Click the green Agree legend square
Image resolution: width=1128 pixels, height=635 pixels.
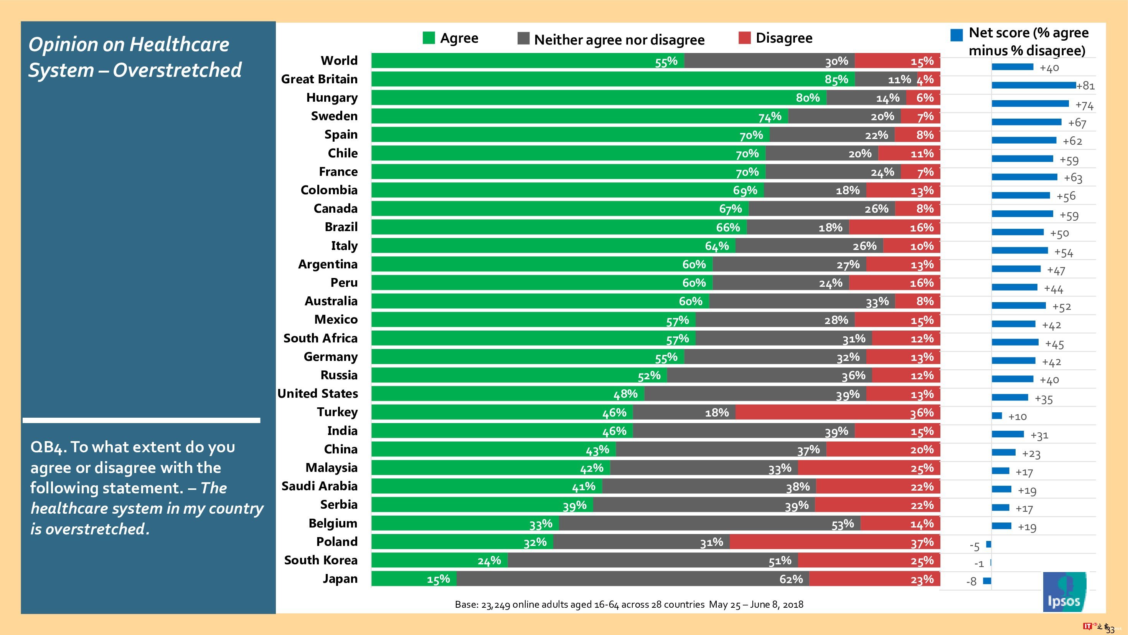[x=429, y=38]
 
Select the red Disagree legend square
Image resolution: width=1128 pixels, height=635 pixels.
[x=744, y=38]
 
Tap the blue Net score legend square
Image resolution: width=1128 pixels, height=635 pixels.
[x=956, y=35]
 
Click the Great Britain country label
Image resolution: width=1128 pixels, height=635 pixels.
[x=319, y=79]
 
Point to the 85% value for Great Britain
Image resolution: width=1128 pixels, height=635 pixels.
[x=836, y=79]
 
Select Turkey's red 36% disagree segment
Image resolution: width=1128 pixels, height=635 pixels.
[x=837, y=412]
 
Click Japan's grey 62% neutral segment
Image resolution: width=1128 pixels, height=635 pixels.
[x=633, y=579]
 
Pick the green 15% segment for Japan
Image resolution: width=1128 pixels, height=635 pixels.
[x=414, y=579]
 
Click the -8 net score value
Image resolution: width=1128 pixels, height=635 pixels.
[x=971, y=582]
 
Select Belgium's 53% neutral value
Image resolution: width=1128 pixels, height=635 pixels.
[x=842, y=524]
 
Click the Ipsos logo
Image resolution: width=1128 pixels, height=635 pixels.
[x=1064, y=592]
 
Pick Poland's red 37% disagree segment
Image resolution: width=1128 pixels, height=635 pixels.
[x=834, y=542]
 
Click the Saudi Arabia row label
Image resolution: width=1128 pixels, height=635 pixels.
[x=319, y=486]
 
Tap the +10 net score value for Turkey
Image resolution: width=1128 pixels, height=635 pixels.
[x=1017, y=417]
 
